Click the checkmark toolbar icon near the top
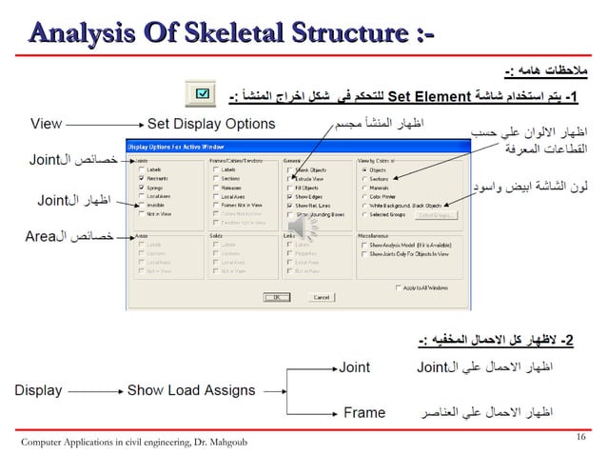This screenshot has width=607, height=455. (x=203, y=94)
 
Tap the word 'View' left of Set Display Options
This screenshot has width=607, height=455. (x=48, y=124)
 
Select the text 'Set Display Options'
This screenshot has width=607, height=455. (x=211, y=124)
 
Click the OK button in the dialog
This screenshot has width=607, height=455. (x=279, y=296)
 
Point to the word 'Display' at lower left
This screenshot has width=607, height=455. (x=38, y=390)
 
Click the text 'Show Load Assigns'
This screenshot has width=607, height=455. (x=191, y=390)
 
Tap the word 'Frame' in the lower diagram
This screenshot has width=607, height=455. (x=363, y=413)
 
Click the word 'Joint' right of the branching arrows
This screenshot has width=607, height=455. (x=356, y=366)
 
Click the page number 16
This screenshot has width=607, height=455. (x=581, y=436)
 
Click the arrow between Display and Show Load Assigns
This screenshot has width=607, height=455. (x=95, y=390)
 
